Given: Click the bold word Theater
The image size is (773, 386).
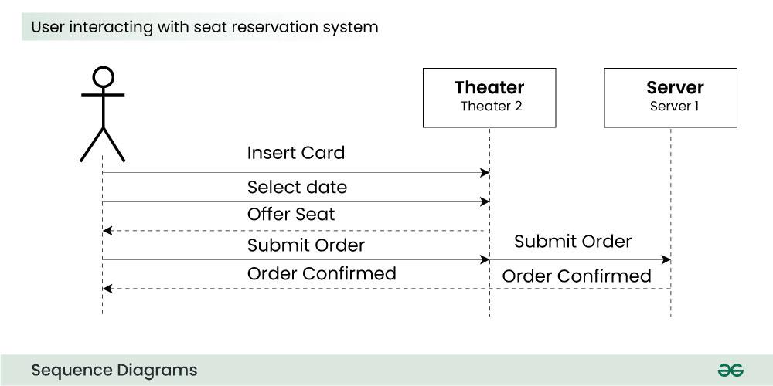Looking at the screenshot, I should point(489,87).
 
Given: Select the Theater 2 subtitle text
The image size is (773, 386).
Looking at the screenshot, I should point(491,107).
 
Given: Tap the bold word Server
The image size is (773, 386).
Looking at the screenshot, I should point(675,87).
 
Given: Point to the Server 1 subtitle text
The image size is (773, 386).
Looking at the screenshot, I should point(674,107).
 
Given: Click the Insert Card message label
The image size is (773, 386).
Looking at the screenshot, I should point(295,153).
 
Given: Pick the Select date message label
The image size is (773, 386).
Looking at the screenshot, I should point(297,188).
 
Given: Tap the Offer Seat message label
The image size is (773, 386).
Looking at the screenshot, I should point(291,215).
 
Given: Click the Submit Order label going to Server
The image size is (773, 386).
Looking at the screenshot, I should point(573,242).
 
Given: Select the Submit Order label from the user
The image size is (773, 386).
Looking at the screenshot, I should point(305,246).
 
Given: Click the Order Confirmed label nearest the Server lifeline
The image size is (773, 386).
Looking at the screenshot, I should point(577,276).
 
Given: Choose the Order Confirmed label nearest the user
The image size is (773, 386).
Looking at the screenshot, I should point(322,273).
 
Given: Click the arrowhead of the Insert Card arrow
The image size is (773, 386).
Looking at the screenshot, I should point(485,173).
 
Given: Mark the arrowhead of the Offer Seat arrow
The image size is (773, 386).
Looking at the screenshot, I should point(107,231).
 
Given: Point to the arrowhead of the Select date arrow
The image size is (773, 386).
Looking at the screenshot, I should point(485,202).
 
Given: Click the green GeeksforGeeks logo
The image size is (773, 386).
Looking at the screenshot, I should point(730,371).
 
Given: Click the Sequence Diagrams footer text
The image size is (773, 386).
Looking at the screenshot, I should point(114,371).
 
